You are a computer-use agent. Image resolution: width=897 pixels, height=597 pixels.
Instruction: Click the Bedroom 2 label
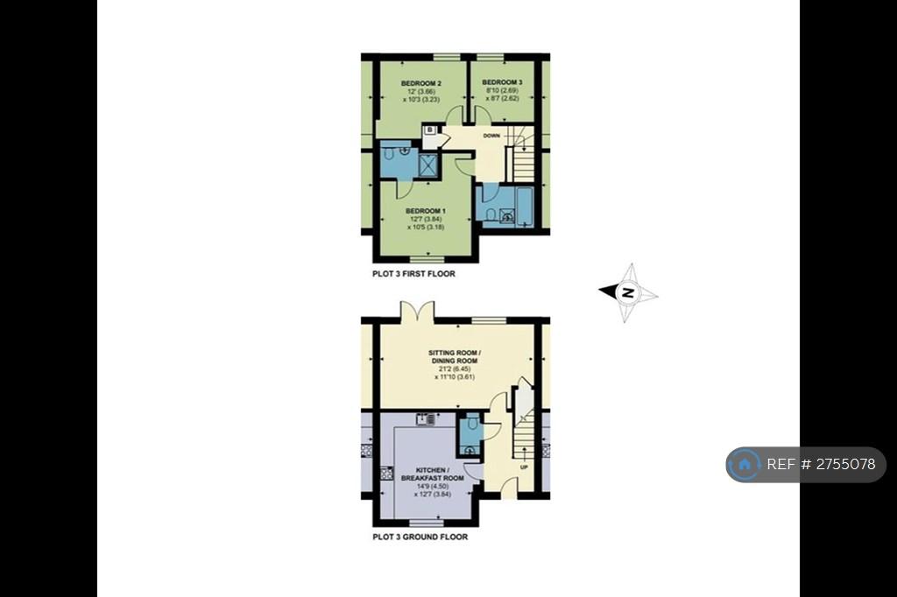tap(421, 83)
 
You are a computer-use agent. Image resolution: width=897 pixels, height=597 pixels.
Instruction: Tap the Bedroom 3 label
tap(502, 82)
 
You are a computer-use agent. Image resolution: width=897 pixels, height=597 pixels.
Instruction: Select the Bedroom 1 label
tap(426, 211)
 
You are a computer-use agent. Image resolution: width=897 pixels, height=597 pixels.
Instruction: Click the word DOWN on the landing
tap(491, 136)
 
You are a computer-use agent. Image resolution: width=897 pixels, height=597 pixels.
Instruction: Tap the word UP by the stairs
tap(524, 467)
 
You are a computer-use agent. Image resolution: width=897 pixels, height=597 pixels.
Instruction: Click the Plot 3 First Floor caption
tap(413, 274)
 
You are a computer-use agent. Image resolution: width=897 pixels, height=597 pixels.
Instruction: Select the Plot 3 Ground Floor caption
tap(420, 537)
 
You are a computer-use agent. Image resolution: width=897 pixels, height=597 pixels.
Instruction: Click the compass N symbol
tap(628, 292)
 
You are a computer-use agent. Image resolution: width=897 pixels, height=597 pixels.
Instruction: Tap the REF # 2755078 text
tap(821, 464)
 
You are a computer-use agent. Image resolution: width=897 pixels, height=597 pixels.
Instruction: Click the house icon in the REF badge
tap(745, 464)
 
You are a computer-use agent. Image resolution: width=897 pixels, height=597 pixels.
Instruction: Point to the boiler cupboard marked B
tap(429, 130)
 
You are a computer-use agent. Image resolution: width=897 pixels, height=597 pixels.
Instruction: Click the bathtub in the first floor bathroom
tap(526, 206)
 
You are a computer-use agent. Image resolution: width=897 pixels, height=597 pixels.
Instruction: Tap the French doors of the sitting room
tap(419, 313)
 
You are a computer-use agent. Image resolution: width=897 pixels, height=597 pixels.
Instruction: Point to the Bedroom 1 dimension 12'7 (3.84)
tap(427, 219)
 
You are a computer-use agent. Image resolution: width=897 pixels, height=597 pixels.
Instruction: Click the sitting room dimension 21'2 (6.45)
tap(455, 369)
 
